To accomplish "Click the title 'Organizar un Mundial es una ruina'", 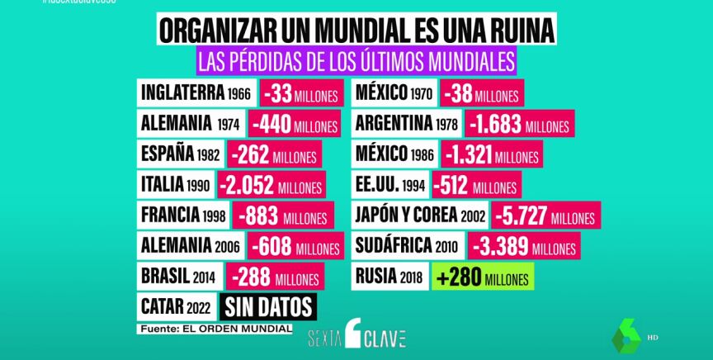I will (x=356, y=31).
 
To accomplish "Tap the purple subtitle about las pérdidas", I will (x=356, y=61).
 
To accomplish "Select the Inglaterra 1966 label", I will (x=196, y=92).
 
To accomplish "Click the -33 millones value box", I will (x=300, y=94).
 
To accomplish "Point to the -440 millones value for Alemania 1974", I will (x=295, y=125).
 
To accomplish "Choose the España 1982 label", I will (x=182, y=154).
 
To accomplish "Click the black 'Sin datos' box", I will (x=268, y=307).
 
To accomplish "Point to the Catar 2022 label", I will (x=177, y=307).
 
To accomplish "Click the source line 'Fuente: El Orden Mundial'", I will (x=215, y=328).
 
